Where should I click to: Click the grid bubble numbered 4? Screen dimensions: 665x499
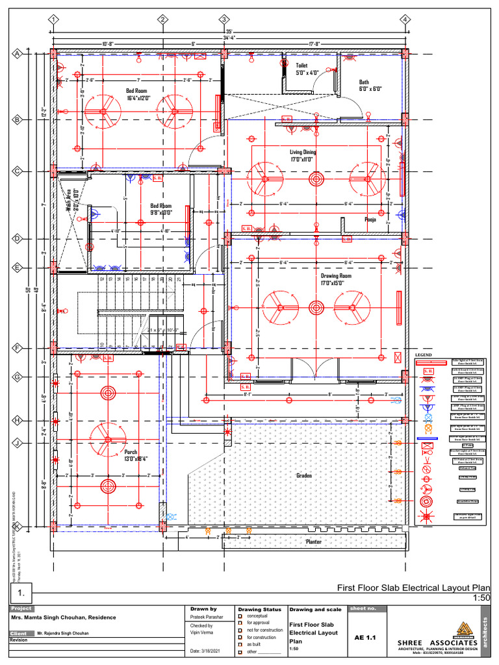(x=404, y=19)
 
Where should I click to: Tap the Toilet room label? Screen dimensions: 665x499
(x=302, y=66)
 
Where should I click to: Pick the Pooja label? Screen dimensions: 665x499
(x=370, y=220)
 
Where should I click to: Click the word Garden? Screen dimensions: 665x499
(x=304, y=475)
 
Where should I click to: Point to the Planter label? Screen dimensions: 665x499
(x=314, y=541)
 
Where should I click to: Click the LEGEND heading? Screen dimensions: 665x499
(x=423, y=355)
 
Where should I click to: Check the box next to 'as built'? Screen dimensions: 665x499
(x=240, y=644)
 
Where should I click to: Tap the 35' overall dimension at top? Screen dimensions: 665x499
(x=229, y=31)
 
